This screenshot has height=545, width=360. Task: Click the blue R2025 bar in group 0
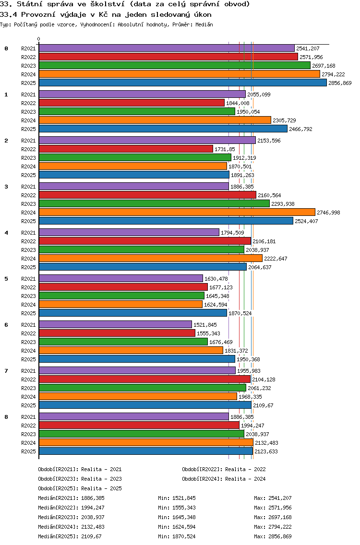click(183, 83)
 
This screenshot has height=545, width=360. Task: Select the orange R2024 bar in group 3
click(177, 213)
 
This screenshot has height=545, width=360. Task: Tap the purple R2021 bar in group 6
click(116, 325)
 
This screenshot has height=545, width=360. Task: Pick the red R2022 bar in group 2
click(126, 149)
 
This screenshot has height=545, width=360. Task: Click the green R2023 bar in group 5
click(122, 296)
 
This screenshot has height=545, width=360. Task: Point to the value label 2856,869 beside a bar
click(340, 83)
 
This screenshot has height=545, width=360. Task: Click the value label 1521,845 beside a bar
click(205, 325)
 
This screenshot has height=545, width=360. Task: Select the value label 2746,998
click(329, 213)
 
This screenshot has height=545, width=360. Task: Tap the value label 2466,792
click(301, 130)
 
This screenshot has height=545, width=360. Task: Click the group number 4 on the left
click(6, 233)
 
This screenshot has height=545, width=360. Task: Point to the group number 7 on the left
click(6, 371)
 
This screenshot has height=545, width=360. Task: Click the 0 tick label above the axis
click(38, 39)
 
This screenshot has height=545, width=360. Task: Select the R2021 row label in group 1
click(28, 95)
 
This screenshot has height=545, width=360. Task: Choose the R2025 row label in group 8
click(28, 451)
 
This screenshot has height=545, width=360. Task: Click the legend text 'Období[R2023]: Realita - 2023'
click(80, 479)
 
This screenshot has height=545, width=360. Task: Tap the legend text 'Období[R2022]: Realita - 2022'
click(224, 469)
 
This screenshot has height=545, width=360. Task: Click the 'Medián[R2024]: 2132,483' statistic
click(72, 527)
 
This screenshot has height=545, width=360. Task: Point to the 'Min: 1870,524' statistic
click(177, 537)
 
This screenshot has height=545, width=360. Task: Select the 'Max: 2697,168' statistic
click(273, 518)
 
